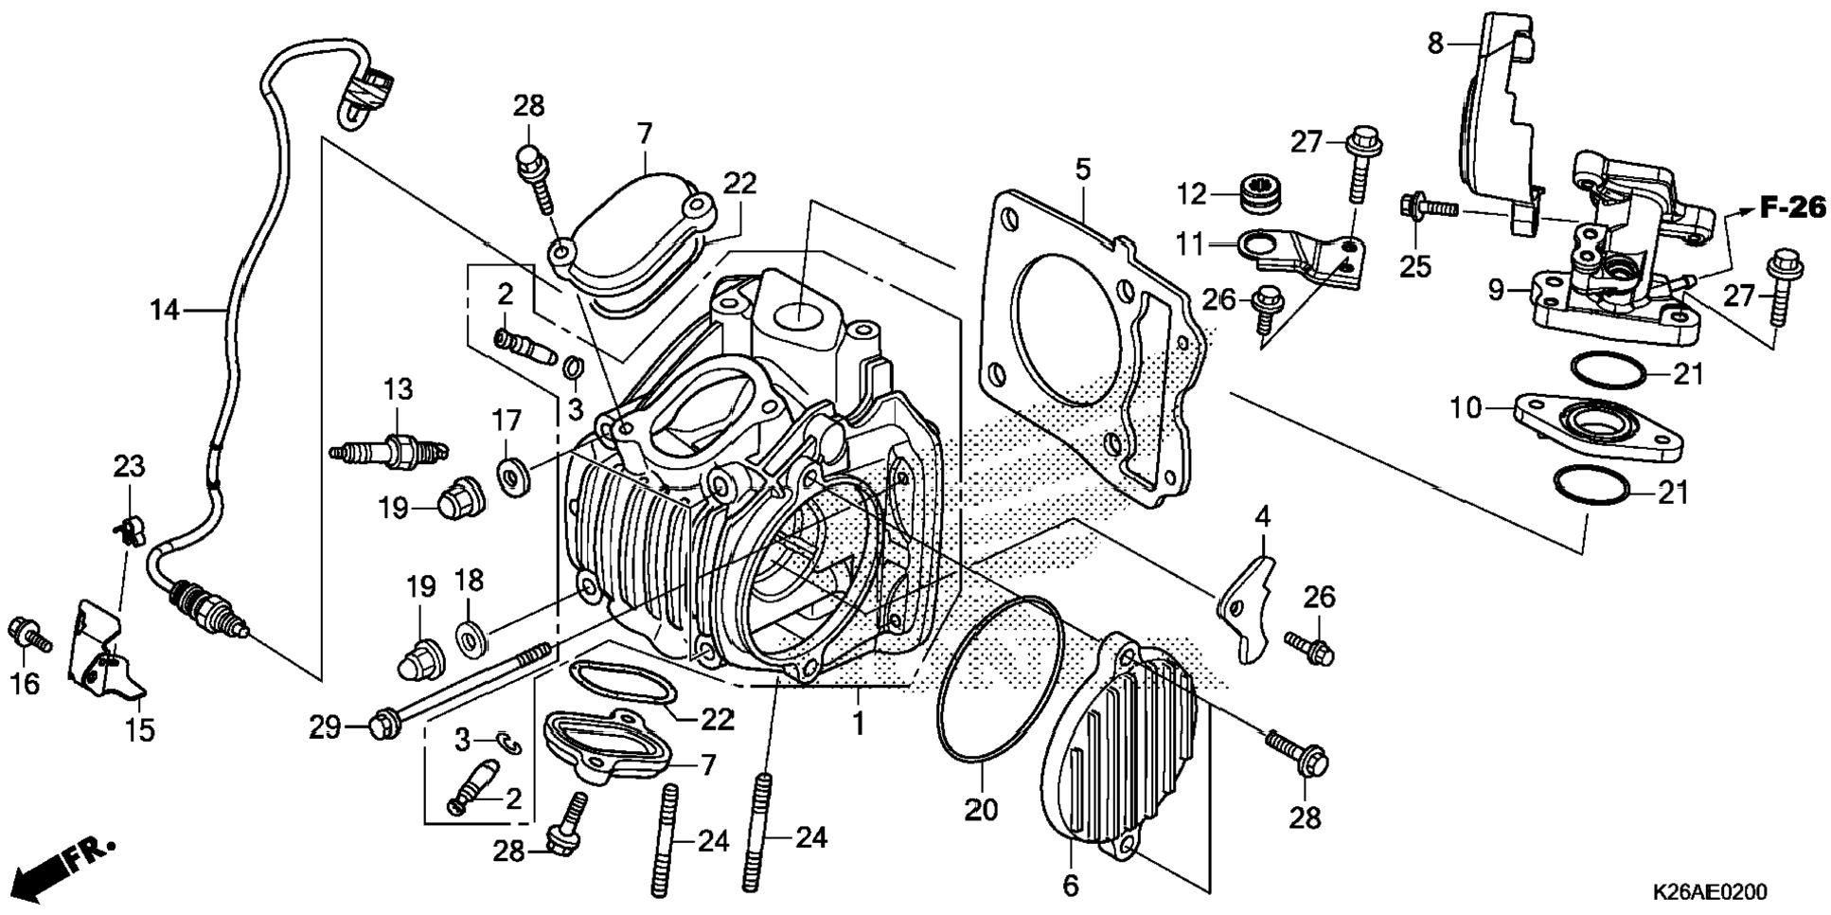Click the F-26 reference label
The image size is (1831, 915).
pos(1793,206)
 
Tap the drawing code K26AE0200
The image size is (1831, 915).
pos(1710,892)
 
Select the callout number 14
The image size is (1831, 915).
pos(166,310)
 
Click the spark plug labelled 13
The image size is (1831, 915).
pos(389,447)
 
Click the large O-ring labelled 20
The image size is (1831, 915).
pos(999,677)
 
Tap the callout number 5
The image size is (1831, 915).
pos(1083,170)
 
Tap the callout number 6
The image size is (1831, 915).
pos(1071,886)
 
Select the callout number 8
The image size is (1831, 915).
pos(1435,43)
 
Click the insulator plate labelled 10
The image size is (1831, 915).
pos(1600,431)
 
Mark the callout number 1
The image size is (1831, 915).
pos(858,725)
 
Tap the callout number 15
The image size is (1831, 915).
pos(140,730)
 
